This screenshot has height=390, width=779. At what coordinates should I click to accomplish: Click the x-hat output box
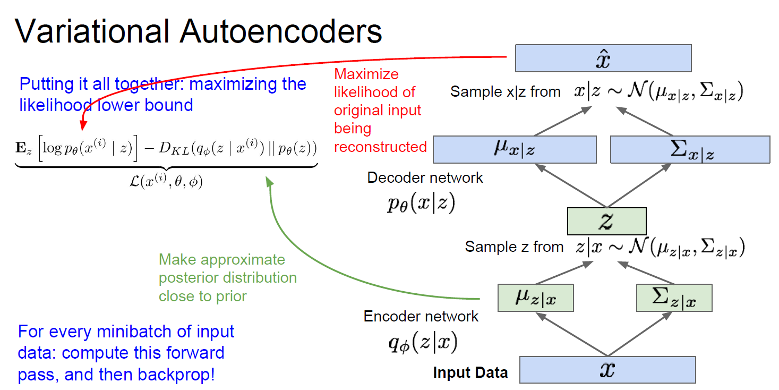(x=603, y=58)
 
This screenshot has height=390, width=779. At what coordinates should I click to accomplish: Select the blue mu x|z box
(x=515, y=149)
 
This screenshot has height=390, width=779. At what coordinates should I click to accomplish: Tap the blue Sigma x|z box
(x=690, y=149)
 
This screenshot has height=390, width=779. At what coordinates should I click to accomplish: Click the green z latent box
(x=606, y=221)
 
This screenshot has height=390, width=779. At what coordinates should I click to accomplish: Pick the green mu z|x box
(x=536, y=298)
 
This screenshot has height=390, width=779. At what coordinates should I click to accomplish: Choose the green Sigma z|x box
(x=674, y=298)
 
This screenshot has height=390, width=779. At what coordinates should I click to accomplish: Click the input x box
(x=607, y=369)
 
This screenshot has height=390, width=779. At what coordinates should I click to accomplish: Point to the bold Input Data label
(x=470, y=372)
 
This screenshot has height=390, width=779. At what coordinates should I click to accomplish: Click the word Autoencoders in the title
(x=281, y=31)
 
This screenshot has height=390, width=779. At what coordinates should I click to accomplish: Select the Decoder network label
(x=425, y=177)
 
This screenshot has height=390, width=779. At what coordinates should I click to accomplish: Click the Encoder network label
(x=421, y=317)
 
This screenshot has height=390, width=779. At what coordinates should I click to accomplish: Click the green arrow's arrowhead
(x=269, y=182)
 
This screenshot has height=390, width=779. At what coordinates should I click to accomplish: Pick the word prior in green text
(x=231, y=295)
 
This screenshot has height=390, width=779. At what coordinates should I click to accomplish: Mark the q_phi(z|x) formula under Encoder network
(x=423, y=344)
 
